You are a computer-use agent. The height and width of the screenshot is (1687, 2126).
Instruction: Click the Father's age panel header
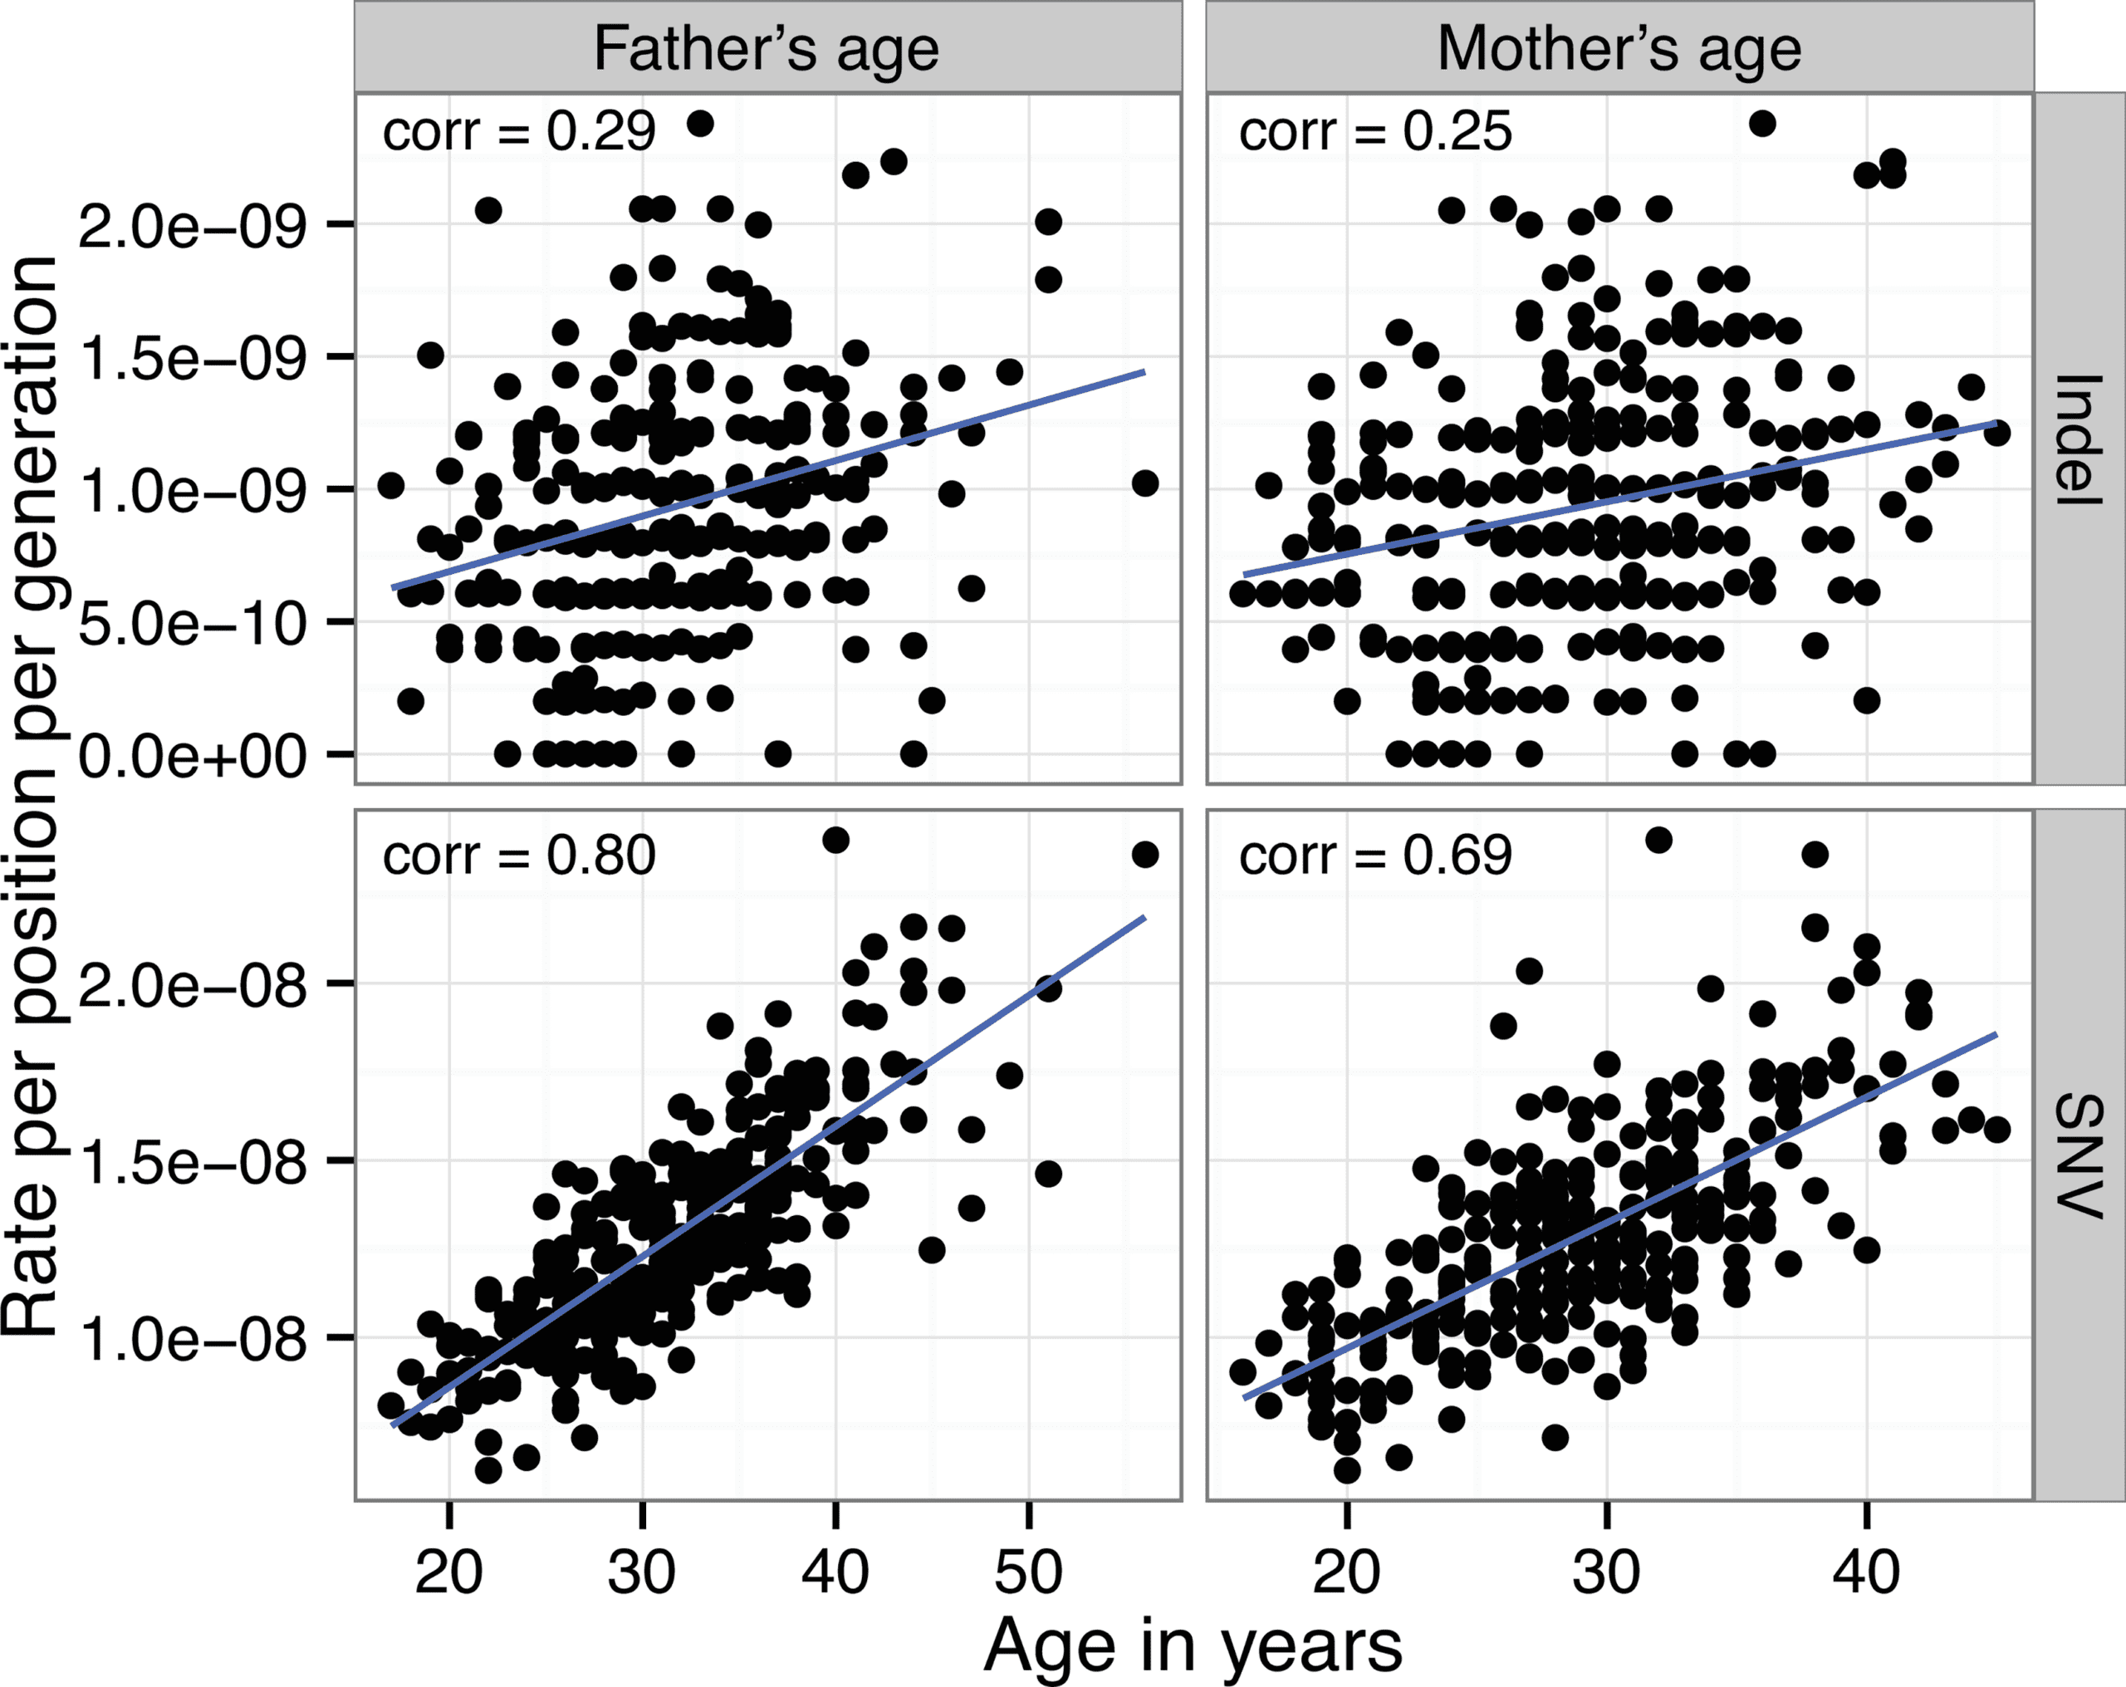[767, 48]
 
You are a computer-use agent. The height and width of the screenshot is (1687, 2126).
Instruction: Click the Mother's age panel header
[1619, 48]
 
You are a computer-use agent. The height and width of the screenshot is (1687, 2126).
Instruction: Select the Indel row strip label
[2079, 440]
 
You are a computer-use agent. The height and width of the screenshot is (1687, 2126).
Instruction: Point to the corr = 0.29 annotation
[519, 132]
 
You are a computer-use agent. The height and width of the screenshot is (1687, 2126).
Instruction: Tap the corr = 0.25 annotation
[1374, 132]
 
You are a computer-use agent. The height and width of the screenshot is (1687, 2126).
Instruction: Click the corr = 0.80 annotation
[519, 856]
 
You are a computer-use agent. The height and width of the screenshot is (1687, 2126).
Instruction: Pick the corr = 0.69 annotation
[1374, 856]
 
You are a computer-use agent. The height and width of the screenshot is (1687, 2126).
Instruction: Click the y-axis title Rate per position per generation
[30, 795]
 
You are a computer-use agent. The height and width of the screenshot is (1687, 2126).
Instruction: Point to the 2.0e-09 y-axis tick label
[193, 226]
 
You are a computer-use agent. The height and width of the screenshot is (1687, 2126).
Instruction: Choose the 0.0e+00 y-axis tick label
[193, 757]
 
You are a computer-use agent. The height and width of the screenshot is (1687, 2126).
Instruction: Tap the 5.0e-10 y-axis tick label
[193, 624]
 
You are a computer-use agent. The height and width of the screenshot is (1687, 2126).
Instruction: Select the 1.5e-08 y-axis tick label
[193, 1162]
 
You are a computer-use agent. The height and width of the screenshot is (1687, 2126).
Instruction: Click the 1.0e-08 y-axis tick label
[193, 1340]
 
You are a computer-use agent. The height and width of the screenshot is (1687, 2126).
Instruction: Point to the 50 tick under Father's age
[1028, 1572]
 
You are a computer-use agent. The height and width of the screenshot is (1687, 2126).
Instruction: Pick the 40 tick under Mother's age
[1867, 1572]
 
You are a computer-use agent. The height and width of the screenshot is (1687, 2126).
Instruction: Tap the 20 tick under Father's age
[449, 1572]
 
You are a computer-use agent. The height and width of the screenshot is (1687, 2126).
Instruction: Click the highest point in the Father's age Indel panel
[700, 123]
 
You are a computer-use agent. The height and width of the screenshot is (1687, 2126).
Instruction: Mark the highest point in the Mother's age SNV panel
[1658, 840]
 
